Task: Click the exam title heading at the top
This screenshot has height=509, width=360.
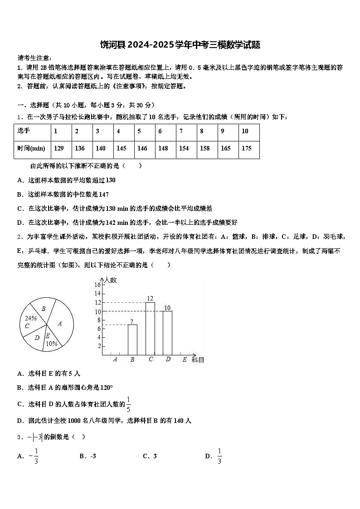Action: pyautogui.click(x=180, y=45)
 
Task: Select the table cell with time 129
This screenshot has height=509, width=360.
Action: pyautogui.click(x=58, y=148)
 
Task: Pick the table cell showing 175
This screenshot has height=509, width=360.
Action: pyautogui.click(x=247, y=148)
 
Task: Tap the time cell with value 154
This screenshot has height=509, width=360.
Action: pyautogui.click(x=184, y=148)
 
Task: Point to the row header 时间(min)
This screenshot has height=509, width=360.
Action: pyautogui.click(x=31, y=148)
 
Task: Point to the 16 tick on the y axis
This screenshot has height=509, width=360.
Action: pyautogui.click(x=97, y=285)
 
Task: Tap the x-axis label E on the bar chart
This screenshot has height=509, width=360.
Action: pyautogui.click(x=184, y=359)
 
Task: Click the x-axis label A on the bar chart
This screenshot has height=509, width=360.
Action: pyautogui.click(x=115, y=359)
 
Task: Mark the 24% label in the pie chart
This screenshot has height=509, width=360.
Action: pyautogui.click(x=31, y=318)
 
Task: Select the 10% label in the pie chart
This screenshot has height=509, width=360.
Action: pyautogui.click(x=51, y=344)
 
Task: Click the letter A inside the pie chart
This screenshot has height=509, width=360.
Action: pyautogui.click(x=59, y=324)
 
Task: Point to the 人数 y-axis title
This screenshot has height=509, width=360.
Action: pyautogui.click(x=110, y=280)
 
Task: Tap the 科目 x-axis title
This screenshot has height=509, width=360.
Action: pyautogui.click(x=198, y=360)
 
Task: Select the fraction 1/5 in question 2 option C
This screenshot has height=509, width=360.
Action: pyautogui.click(x=128, y=404)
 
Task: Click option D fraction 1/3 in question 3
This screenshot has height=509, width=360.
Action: pyautogui.click(x=219, y=456)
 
